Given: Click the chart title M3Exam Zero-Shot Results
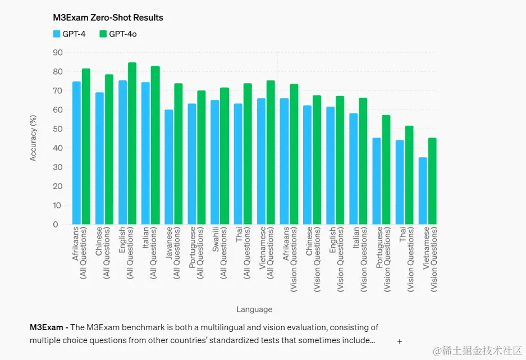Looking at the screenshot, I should coord(108,17).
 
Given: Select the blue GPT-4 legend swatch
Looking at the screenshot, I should coord(56,34).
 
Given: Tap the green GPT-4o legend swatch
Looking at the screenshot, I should coord(103,34).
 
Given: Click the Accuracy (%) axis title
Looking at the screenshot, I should coord(33,138).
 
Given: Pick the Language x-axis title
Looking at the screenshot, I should coord(254,309).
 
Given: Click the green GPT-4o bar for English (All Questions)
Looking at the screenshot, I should coord(132,143).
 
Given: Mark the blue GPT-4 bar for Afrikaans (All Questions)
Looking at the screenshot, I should coord(76,153).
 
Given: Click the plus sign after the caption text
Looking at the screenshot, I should coord(400,341).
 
